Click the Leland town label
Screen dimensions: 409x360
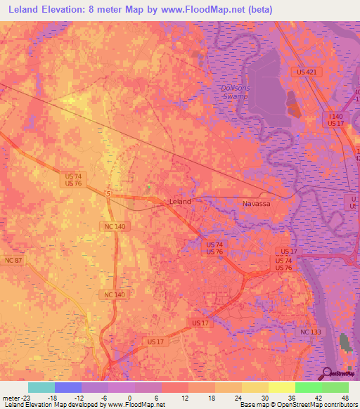click(x=181, y=201)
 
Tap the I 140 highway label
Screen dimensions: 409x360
click(x=335, y=116)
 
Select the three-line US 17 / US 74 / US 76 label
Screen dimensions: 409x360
click(x=284, y=259)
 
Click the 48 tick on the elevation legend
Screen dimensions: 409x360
click(x=345, y=397)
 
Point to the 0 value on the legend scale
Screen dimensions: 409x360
click(x=129, y=397)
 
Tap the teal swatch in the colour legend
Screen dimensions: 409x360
click(x=41, y=387)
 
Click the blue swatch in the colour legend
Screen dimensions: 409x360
click(x=68, y=387)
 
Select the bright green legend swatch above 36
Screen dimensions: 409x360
click(x=309, y=387)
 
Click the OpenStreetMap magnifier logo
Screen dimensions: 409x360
click(x=328, y=373)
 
